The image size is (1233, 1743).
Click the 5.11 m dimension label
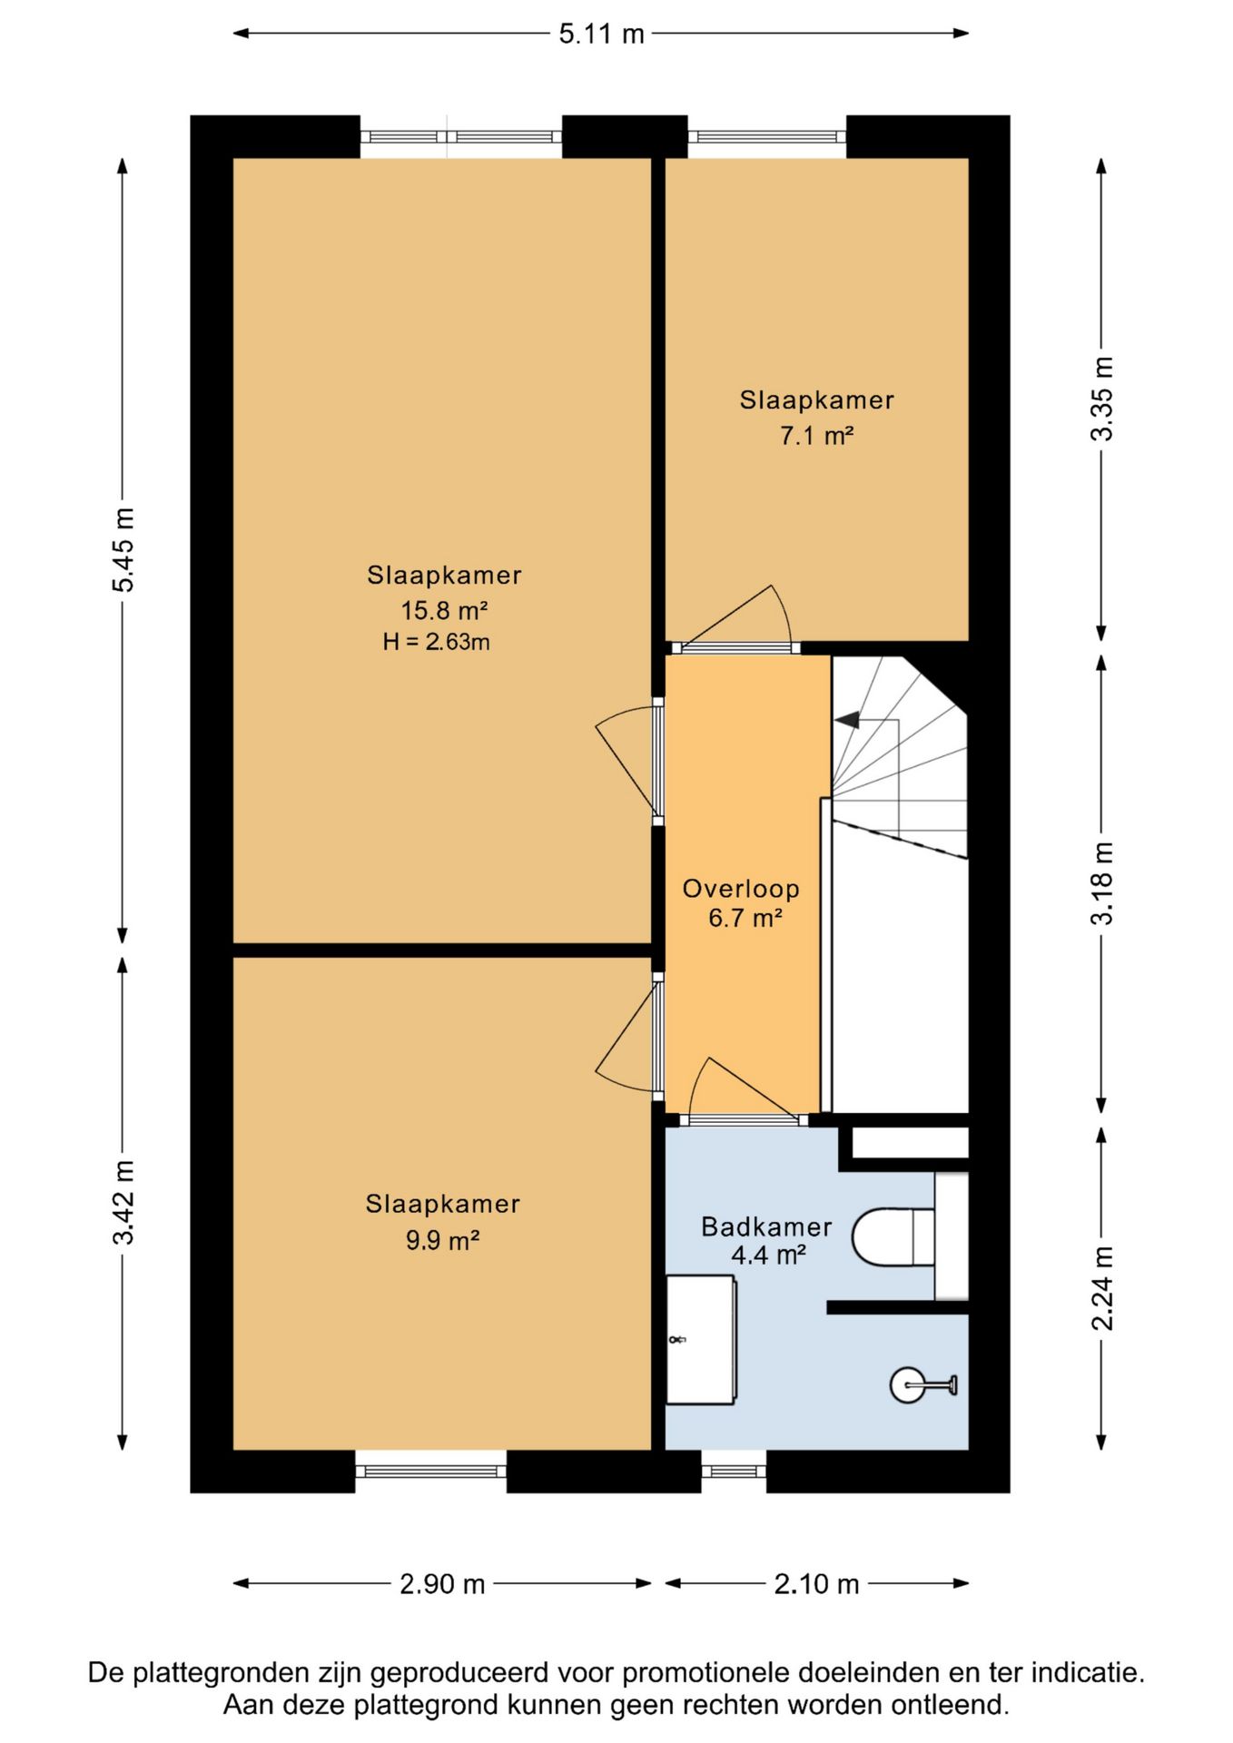pyautogui.click(x=601, y=34)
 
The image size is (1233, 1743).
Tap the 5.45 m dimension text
pyautogui.click(x=123, y=550)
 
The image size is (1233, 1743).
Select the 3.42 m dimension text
pyautogui.click(x=123, y=1202)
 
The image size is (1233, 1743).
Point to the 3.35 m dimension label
pyautogui.click(x=1101, y=399)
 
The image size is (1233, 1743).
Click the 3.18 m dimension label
pyautogui.click(x=1101, y=883)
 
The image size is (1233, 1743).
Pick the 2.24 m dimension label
pyautogui.click(x=1101, y=1288)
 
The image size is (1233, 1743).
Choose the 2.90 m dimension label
pyautogui.click(x=442, y=1584)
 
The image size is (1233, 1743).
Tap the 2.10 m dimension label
pyautogui.click(x=816, y=1584)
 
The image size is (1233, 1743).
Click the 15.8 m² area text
pyautogui.click(x=445, y=609)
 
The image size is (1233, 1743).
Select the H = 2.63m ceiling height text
pyautogui.click(x=436, y=642)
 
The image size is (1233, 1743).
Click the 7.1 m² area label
pyautogui.click(x=816, y=436)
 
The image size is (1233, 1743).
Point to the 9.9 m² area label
pyautogui.click(x=442, y=1240)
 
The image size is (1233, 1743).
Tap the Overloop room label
pyautogui.click(x=741, y=889)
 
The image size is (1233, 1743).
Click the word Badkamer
pyautogui.click(x=766, y=1227)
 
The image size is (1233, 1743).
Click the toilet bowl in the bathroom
pyautogui.click(x=893, y=1236)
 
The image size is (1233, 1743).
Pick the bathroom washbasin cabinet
pyautogui.click(x=701, y=1340)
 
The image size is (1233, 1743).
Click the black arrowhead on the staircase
pyautogui.click(x=847, y=720)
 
